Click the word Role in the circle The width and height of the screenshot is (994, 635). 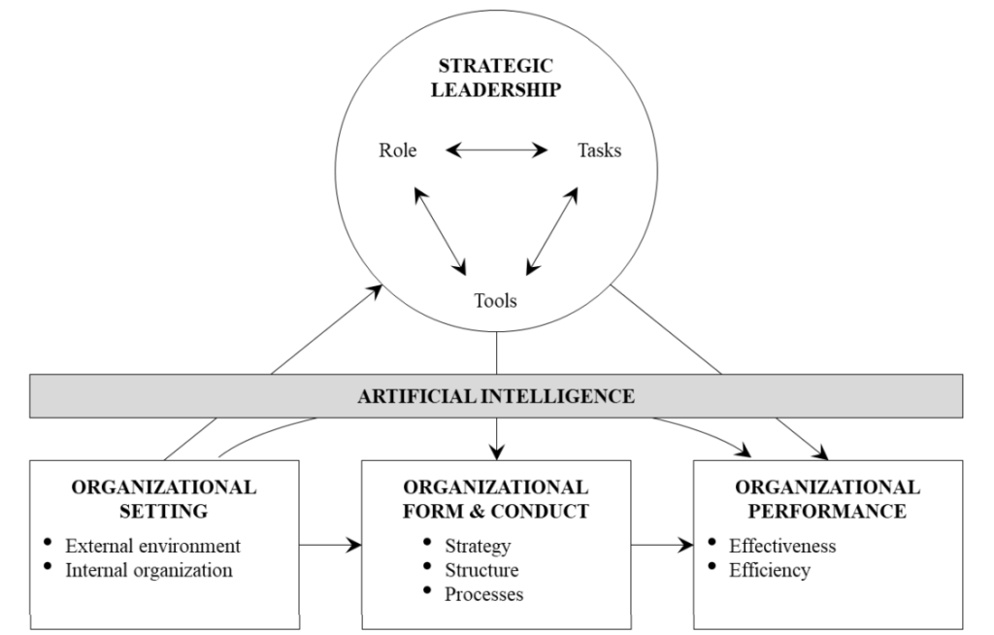point(397,151)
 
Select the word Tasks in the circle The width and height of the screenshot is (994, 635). point(599,151)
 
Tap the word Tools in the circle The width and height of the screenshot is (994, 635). point(495,300)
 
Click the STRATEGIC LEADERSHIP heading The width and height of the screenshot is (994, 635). point(497,79)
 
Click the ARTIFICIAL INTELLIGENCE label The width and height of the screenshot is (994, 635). point(496,396)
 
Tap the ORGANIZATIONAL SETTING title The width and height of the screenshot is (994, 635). point(164,498)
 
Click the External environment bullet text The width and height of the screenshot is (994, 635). point(152,546)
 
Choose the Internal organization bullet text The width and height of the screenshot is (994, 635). point(149,570)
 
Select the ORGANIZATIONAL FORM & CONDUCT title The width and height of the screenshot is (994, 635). point(496,498)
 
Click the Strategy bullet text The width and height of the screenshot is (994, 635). point(478,546)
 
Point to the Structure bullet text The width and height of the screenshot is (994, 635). point(481,570)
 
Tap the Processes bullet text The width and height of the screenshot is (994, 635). point(484,594)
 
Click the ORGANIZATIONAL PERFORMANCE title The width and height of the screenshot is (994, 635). point(828,498)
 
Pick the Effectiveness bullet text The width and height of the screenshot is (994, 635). point(782,546)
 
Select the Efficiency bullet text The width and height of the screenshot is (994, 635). point(770,570)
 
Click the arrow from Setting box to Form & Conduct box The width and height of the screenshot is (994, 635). point(330,546)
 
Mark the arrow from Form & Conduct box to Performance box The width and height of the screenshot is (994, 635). point(663,546)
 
